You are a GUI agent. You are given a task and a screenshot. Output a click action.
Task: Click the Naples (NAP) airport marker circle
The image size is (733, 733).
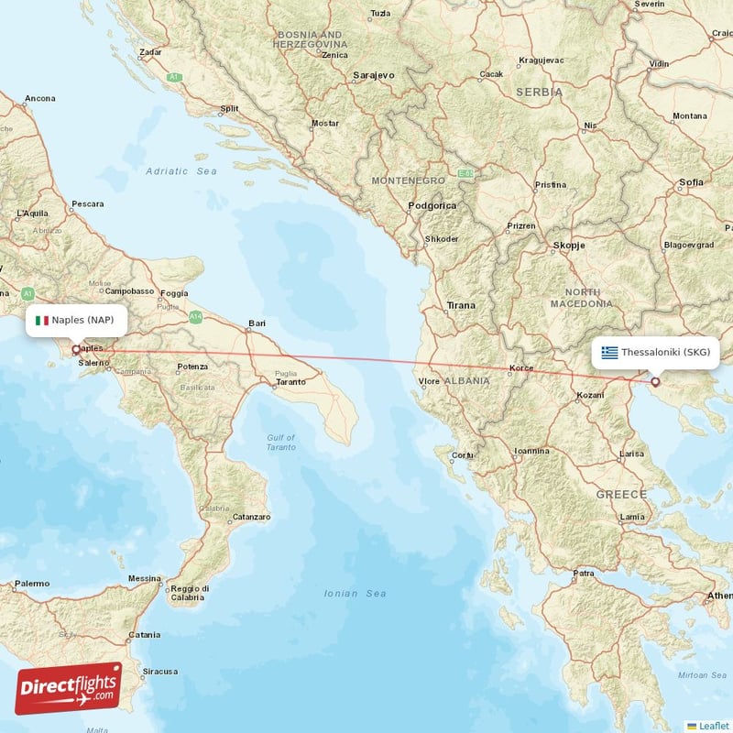(75, 349)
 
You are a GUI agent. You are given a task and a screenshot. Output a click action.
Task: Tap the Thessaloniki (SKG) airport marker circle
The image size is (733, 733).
(655, 381)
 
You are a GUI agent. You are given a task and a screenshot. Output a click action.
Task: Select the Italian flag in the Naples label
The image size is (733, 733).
(41, 321)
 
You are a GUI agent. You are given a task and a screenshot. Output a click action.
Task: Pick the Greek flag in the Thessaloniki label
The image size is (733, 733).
(609, 352)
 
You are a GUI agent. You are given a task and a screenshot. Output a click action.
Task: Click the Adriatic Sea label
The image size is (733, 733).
(181, 171)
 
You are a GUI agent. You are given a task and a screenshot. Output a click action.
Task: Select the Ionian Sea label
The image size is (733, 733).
(356, 594)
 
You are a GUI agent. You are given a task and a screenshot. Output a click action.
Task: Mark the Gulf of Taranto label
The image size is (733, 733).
(281, 442)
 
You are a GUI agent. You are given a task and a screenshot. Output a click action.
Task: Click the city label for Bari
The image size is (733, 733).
(257, 323)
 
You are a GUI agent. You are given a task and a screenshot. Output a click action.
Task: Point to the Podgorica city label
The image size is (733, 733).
(432, 206)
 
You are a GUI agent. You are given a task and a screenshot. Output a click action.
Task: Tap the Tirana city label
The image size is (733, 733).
(461, 305)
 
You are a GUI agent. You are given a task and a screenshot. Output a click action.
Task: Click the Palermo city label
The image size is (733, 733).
(32, 584)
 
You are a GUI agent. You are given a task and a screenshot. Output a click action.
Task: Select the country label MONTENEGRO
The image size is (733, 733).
(408, 181)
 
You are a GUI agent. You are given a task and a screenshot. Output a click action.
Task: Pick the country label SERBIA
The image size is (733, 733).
(539, 93)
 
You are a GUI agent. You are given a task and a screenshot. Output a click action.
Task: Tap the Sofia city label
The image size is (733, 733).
(691, 182)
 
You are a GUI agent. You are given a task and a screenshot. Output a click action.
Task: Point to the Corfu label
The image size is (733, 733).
(463, 454)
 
